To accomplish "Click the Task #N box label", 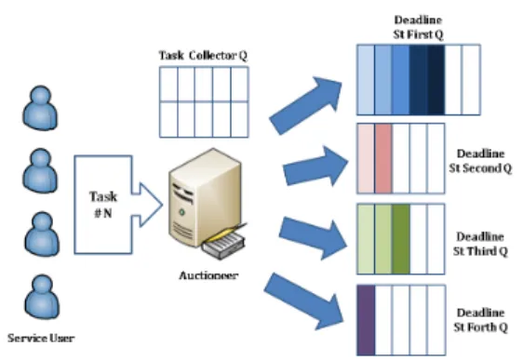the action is click(103, 205).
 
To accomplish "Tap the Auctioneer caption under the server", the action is click(208, 275).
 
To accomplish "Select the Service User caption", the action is click(41, 339).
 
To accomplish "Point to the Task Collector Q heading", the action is click(203, 55).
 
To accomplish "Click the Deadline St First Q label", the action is click(418, 27).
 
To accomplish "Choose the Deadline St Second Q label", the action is click(480, 161).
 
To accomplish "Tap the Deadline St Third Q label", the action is click(480, 244).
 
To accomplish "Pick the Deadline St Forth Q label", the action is click(480, 320).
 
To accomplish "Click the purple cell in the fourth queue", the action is click(367, 320).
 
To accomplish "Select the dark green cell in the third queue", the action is click(401, 239).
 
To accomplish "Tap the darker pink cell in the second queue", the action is click(383, 158).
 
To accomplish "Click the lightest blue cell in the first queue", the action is click(366, 80).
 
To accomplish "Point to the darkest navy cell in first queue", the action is click(436, 80).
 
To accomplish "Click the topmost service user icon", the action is click(40, 107).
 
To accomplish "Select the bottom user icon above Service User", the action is click(42, 297).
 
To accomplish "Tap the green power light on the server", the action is click(181, 212).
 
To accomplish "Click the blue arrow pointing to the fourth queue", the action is click(304, 301).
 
